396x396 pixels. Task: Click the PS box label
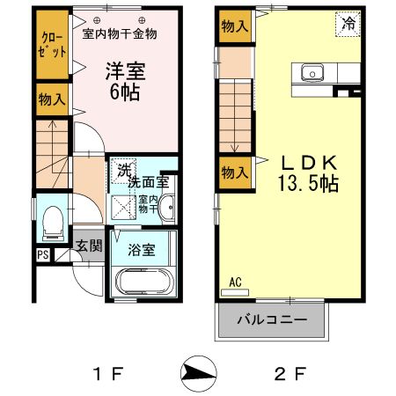(43, 255)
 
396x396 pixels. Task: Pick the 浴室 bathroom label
(143, 249)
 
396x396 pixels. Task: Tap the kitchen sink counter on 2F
(313, 73)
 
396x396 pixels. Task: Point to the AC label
(235, 282)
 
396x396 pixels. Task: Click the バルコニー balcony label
(272, 320)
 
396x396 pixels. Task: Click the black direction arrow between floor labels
(198, 374)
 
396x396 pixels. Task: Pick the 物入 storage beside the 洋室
(52, 99)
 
